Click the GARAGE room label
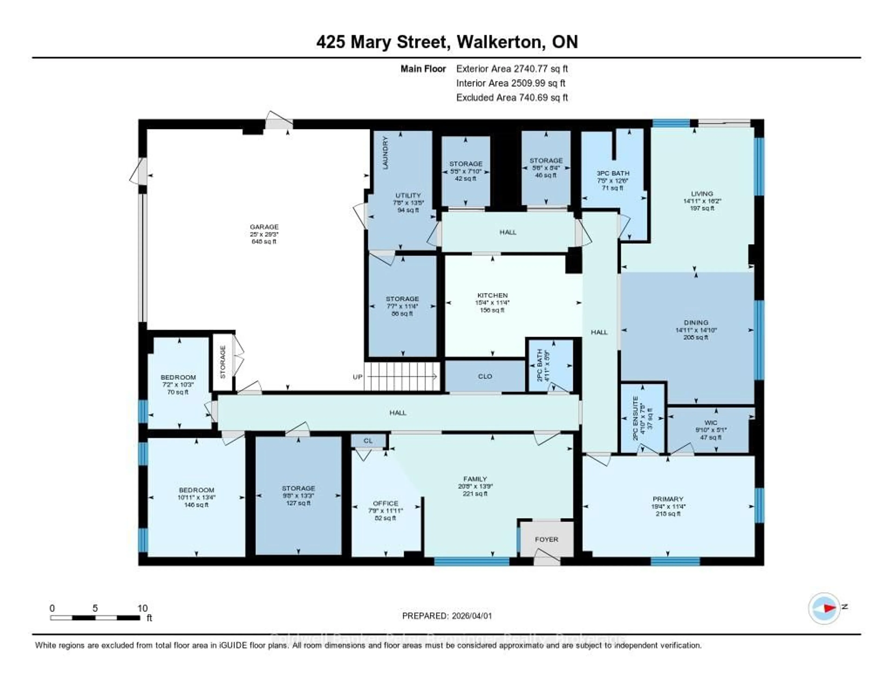264,227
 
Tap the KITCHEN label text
492,295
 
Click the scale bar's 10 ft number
142,608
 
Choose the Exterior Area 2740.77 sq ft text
512,69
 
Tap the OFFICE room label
385,503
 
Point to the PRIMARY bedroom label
668,499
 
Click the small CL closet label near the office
368,441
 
